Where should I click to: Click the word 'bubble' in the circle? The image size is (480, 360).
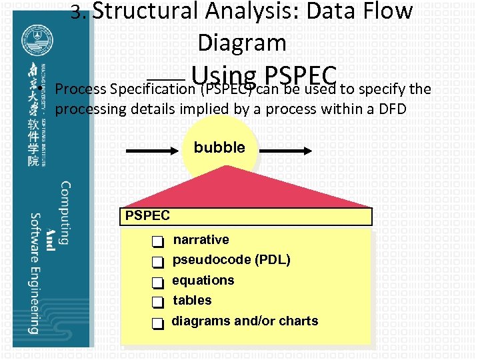click(x=219, y=147)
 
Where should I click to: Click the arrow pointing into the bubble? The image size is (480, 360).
click(x=153, y=151)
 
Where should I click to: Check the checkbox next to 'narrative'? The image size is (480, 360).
click(x=157, y=241)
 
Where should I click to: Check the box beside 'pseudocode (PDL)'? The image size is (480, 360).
click(x=157, y=262)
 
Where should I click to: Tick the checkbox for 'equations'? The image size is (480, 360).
click(x=157, y=283)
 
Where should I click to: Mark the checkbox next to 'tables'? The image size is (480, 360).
click(x=157, y=303)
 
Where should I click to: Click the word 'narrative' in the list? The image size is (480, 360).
click(x=201, y=239)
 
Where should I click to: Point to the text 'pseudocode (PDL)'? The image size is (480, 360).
click(x=231, y=259)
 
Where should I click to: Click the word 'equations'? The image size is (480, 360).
click(x=203, y=280)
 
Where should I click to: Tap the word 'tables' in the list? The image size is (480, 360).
click(x=192, y=300)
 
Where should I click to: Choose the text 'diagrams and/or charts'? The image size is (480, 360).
click(x=245, y=321)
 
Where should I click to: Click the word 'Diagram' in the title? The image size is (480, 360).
click(x=241, y=43)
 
